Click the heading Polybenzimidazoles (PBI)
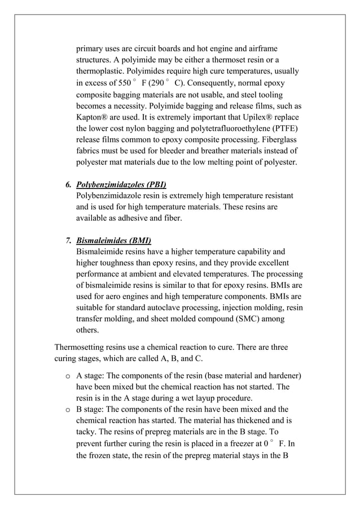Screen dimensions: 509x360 tap(121, 185)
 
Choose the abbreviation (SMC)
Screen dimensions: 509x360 tap(245, 319)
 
